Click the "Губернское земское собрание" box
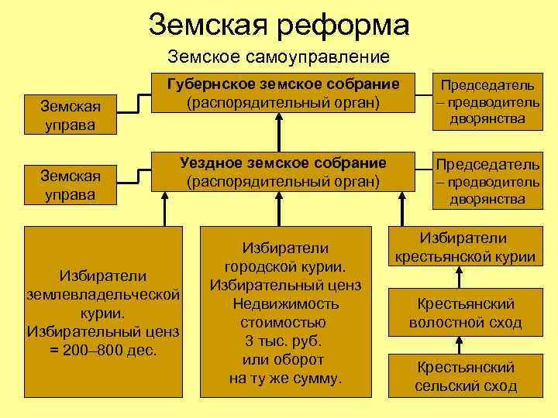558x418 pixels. (283, 93)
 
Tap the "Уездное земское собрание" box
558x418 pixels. (283, 172)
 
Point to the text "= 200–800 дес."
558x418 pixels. (103, 350)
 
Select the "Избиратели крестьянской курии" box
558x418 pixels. (465, 248)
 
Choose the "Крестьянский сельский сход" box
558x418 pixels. (465, 376)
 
